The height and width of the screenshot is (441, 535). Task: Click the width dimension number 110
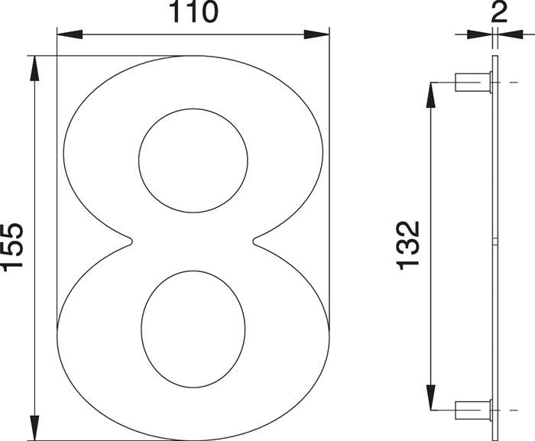point(193,12)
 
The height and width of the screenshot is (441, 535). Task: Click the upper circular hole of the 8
point(193,159)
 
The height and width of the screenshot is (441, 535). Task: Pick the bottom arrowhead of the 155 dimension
point(34,428)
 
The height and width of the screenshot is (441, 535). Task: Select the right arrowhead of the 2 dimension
point(504,34)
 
